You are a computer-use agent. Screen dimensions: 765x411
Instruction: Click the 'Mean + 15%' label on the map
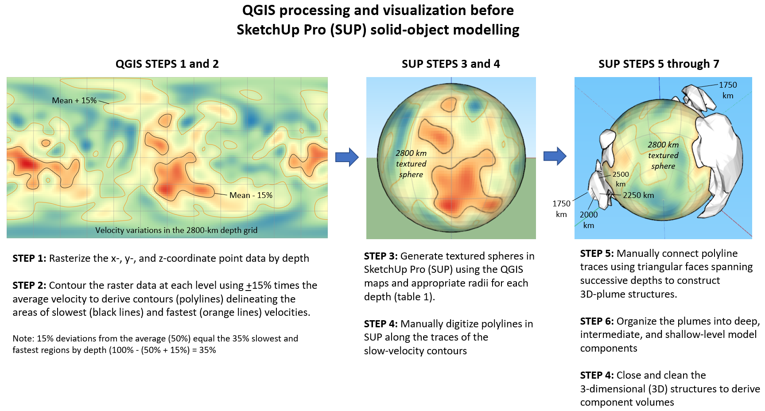coord(74,101)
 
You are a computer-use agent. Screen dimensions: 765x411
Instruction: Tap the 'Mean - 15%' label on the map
coord(251,195)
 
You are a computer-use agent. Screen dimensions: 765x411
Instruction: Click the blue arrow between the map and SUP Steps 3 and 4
coord(347,157)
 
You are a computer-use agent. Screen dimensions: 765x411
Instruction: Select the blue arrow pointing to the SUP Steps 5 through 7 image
coord(555,156)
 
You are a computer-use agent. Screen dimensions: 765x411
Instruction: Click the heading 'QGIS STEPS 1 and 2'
coord(167,64)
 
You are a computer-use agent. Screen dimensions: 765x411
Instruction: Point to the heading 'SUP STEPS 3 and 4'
coord(451,64)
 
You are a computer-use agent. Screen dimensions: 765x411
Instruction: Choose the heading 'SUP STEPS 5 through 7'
coord(659,64)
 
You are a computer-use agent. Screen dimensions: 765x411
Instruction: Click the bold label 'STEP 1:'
coord(29,258)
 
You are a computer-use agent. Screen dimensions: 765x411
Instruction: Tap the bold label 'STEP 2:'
coord(29,285)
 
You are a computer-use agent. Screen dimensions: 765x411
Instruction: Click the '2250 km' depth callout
coord(638,195)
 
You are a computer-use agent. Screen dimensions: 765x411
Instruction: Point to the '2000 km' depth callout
coord(589,220)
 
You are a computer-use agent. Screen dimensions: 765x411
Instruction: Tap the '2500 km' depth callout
coord(621,179)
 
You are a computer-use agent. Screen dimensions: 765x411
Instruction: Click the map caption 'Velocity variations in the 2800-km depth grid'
coord(176,230)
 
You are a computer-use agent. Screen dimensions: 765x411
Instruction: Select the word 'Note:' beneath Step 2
coord(23,339)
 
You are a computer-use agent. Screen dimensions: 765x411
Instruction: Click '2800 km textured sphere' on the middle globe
coord(411,164)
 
